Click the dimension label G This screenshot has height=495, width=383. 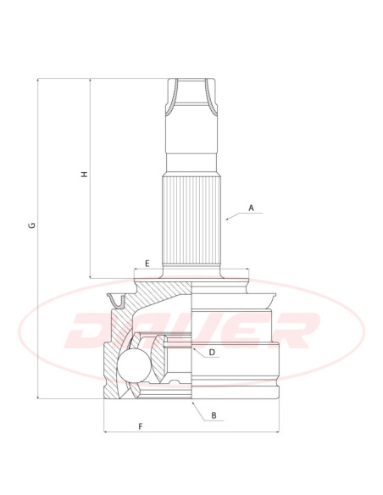coord(32,225)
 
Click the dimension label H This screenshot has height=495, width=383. coord(85,174)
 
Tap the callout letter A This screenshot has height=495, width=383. coord(251,208)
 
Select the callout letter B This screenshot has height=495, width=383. coord(214,415)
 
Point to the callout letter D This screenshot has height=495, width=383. coord(212,353)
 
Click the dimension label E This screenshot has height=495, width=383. coord(147,264)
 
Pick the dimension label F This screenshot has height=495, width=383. coord(141,426)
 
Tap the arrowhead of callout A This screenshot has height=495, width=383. coord(227,219)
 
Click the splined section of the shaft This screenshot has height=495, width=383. coord(191,221)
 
